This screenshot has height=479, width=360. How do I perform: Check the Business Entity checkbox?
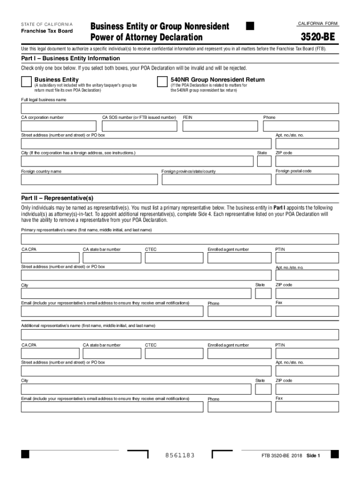click(26, 82)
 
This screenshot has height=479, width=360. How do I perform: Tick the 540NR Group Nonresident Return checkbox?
click(162, 82)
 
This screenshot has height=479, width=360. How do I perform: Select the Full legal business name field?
click(180, 109)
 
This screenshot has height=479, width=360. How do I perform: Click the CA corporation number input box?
click(58, 126)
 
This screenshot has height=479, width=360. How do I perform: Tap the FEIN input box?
click(220, 126)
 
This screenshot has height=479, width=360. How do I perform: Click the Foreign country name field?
click(89, 180)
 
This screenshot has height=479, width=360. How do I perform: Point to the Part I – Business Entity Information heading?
click(71, 58)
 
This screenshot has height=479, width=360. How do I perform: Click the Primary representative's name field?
click(180, 239)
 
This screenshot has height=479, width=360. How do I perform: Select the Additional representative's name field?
click(180, 334)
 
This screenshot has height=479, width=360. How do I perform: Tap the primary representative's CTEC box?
click(173, 258)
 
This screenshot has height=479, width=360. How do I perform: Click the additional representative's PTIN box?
click(307, 353)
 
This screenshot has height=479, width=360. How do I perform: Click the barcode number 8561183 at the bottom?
click(180, 456)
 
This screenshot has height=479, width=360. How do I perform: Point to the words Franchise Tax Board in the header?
click(47, 31)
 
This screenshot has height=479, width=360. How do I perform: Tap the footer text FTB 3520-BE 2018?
click(282, 456)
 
